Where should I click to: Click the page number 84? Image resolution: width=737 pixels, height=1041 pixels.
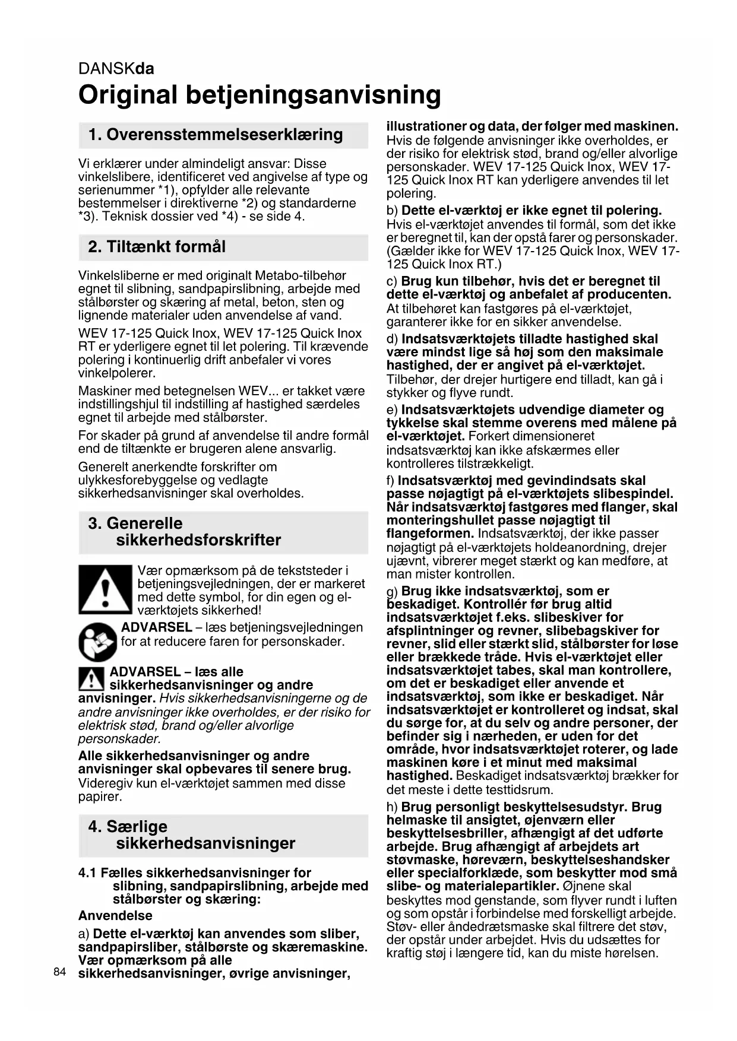[x=59, y=972]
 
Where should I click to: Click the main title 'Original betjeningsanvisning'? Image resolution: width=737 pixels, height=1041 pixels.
[x=260, y=95]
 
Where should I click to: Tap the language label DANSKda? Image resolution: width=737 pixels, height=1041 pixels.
[x=116, y=69]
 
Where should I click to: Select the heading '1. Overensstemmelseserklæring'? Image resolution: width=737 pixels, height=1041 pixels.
[x=216, y=135]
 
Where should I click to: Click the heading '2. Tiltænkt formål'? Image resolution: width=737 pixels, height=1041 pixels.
[x=157, y=247]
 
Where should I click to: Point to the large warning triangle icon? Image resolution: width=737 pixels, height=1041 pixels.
[x=105, y=589]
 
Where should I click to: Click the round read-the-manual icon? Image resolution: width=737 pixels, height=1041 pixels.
[x=98, y=643]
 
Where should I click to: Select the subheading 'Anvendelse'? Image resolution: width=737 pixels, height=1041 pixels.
[x=115, y=915]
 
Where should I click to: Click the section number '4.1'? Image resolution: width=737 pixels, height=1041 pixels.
[x=87, y=872]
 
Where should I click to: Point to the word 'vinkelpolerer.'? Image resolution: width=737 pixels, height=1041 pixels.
[x=117, y=373]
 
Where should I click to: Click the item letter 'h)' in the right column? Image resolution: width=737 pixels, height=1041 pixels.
[x=392, y=807]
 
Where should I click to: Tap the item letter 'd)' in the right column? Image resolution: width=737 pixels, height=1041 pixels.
[x=392, y=339]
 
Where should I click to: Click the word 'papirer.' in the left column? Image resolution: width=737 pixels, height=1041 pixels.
[x=100, y=796]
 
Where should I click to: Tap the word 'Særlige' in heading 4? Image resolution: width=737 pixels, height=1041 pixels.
[x=137, y=827]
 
